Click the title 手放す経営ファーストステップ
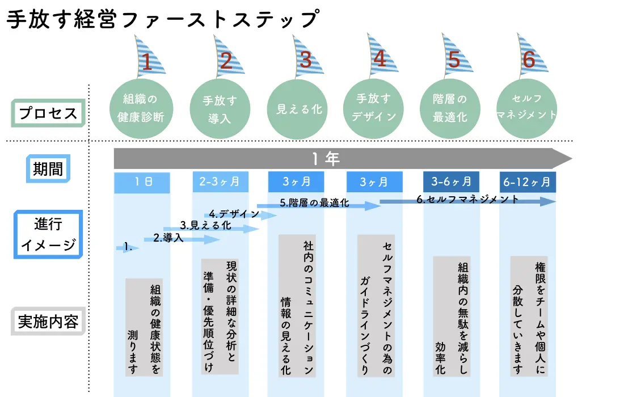163,19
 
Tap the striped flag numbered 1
149,57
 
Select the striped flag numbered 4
381,55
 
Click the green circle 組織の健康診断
141,108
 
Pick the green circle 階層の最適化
450,108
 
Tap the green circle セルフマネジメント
526,108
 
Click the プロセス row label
48,113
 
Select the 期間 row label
48,168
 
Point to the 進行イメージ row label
48,234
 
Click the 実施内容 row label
48,321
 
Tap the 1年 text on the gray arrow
326,159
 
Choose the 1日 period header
142,183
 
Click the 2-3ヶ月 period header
221,182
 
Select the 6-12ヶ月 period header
528,182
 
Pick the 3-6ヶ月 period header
452,182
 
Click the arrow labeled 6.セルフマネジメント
467,201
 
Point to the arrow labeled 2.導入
182,239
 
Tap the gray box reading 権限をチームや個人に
529,316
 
